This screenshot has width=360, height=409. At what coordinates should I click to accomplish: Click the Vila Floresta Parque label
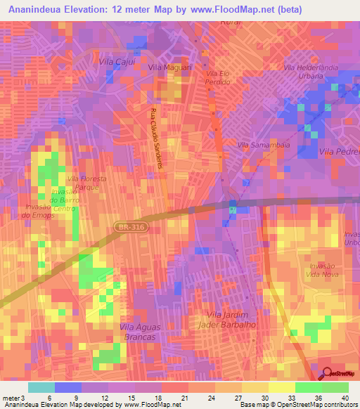click(86, 183)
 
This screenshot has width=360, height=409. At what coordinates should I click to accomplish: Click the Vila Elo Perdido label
click(218, 78)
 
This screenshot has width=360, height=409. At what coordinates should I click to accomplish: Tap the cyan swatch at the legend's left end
click(41, 387)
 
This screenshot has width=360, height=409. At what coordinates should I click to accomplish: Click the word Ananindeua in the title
click(40, 9)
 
